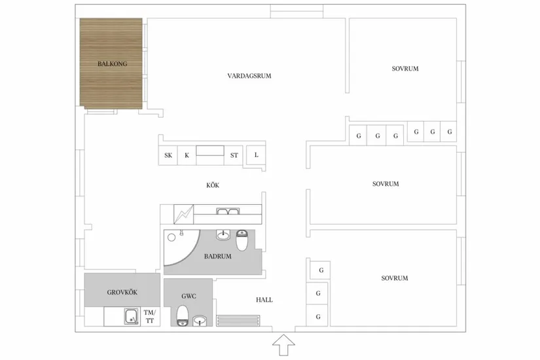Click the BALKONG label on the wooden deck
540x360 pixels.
pos(113,63)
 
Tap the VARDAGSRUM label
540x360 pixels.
pos(249,76)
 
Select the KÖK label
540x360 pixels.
pos(213,185)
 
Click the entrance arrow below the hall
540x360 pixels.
pos(284,345)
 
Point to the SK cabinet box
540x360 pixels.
pos(168,155)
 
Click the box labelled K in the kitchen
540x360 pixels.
pos(187,155)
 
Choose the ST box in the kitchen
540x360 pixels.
pos(234,155)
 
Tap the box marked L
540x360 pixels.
pos(256,155)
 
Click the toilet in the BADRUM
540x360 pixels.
pos(242,240)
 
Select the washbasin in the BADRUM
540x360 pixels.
pos(223,235)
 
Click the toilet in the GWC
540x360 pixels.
pos(182,315)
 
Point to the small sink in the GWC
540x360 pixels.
pos(200,321)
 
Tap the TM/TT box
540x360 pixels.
pos(150,317)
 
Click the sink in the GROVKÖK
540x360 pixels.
pos(132,317)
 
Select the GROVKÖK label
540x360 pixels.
pos(122,293)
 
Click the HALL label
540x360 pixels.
pos(264,300)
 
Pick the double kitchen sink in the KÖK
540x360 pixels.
pos(228,211)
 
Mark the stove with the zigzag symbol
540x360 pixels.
pos(183,214)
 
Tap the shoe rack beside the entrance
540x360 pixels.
pos(238,320)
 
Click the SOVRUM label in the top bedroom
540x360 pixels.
pos(405,69)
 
